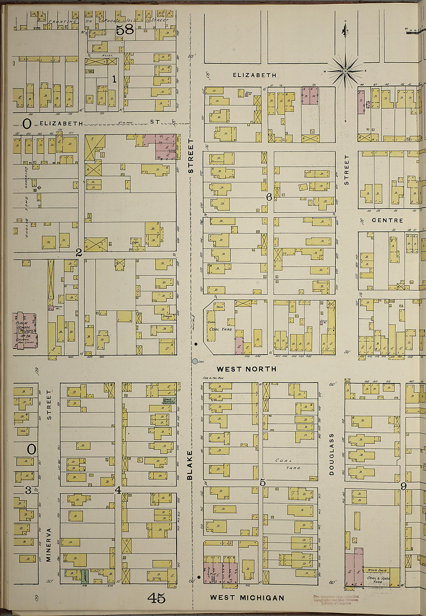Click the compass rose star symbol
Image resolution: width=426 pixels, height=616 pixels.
pyautogui.click(x=345, y=71)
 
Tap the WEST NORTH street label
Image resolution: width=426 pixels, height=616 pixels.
pyautogui.click(x=247, y=369)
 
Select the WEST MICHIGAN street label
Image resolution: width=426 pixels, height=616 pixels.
pyautogui.click(x=247, y=598)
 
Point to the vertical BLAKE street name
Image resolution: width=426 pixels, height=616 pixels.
pyautogui.click(x=190, y=465)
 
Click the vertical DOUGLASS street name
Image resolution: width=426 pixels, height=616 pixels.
pyautogui.click(x=332, y=454)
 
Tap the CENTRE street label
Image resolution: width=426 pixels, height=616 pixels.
pyautogui.click(x=387, y=220)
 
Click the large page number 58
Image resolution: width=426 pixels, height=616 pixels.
pyautogui.click(x=125, y=29)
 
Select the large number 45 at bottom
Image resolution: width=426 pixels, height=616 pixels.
pyautogui.click(x=156, y=599)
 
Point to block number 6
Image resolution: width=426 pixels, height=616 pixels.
pyautogui.click(x=269, y=197)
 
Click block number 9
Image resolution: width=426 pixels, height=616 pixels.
pyautogui.click(x=403, y=486)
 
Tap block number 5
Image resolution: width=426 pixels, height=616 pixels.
pyautogui.click(x=263, y=482)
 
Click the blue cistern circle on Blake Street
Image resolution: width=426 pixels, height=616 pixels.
pyautogui.click(x=195, y=361)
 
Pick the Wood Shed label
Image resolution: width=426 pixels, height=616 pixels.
pyautogui.click(x=377, y=570)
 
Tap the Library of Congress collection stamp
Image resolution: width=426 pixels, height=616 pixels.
pyautogui.click(x=336, y=600)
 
